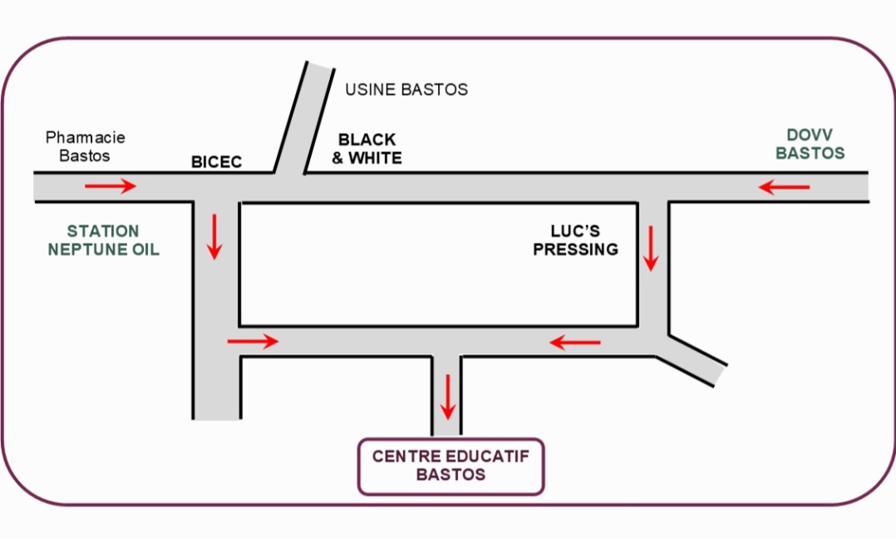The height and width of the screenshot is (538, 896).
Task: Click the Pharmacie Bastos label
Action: [85, 146]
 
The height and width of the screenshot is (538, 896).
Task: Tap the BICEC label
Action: [216, 161]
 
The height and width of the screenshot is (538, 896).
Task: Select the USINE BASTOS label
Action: [406, 89]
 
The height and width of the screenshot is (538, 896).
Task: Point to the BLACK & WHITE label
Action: [367, 149]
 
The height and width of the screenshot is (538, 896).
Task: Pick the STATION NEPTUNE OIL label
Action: [103, 240]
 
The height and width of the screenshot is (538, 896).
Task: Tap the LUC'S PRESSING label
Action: [575, 239]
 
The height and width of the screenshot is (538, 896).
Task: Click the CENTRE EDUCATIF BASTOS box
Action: [450, 466]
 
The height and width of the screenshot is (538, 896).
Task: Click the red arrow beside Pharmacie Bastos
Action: [110, 186]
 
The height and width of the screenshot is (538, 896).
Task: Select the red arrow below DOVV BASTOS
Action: [784, 188]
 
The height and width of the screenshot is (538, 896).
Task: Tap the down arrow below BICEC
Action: [215, 236]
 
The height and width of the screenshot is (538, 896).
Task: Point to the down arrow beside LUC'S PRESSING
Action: [651, 248]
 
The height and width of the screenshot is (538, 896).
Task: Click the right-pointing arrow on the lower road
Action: [253, 341]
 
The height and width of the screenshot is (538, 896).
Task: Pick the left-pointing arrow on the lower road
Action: [575, 341]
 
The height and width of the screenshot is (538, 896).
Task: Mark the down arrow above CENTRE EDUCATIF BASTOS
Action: [448, 397]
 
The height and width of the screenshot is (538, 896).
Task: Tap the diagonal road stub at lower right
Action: [697, 359]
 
